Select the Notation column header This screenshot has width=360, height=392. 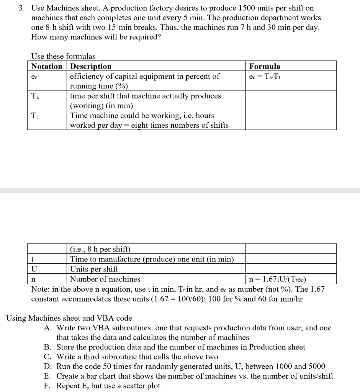tap(46, 66)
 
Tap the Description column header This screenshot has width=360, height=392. tap(91, 66)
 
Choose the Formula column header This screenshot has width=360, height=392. tap(265, 66)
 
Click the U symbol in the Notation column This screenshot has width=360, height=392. tap(34, 269)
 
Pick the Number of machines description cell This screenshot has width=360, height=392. tap(105, 279)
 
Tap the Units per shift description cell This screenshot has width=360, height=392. tap(94, 269)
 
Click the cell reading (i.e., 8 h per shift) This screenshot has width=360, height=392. tap(100, 250)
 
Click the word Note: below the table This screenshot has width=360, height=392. tap(40, 289)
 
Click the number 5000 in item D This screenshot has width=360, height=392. tap(316, 367)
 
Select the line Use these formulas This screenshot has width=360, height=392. tap(63, 56)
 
